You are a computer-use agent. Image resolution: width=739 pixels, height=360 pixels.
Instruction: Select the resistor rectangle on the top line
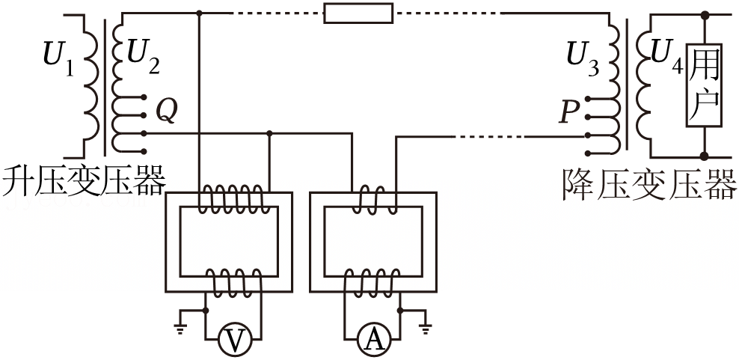pos(358,13)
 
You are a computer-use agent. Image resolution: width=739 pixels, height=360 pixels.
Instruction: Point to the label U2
pos(144,59)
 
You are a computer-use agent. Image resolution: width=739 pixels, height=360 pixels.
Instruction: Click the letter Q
pos(167,112)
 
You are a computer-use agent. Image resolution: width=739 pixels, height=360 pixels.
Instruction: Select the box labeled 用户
pos(704,85)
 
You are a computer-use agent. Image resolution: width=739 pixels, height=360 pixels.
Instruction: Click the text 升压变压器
pos(84,180)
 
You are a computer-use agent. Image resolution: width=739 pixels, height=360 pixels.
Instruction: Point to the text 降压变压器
pos(650,183)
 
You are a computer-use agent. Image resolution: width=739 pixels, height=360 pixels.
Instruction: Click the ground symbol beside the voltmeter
pos(180,323)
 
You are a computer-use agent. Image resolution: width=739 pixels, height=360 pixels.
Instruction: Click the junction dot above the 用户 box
pos(705,16)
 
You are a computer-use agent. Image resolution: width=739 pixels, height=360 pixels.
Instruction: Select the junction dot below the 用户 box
pos(705,156)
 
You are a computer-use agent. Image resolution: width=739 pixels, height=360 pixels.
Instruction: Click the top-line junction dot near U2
pos(200,13)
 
